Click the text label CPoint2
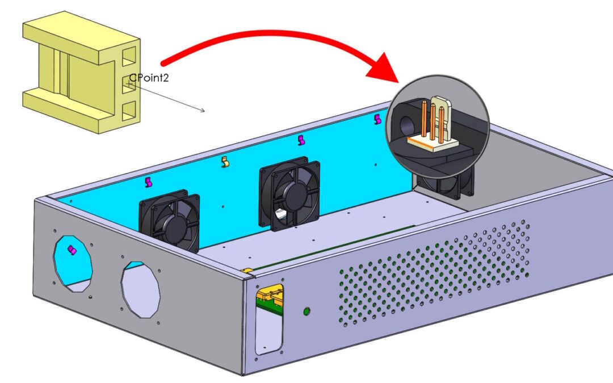tap(148, 78)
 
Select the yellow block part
tap(79, 74)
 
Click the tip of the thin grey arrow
tap(204, 111)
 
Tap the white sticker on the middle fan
tap(280, 214)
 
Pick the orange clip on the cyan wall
tap(225, 163)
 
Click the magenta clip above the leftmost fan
tap(149, 182)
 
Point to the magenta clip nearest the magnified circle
tap(378, 119)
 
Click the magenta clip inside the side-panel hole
tap(72, 250)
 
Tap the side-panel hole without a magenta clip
tap(141, 289)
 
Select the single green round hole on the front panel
tap(307, 311)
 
